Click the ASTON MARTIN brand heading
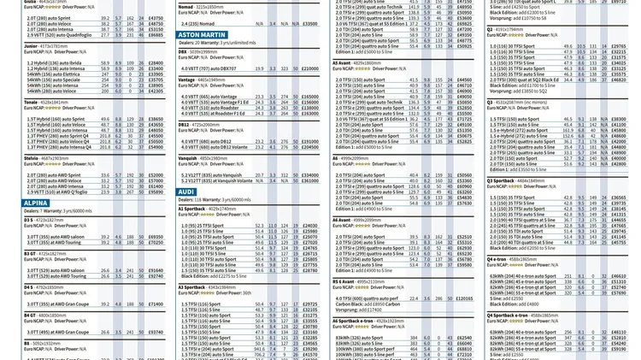pos(203,35)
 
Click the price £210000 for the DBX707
pos(309,68)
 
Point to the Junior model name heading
pos(31,46)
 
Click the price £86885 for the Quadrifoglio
pos(156,35)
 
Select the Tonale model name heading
pos(32,102)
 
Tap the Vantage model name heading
pos(188,80)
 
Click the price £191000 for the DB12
pos(309,142)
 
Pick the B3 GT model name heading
pos(30,253)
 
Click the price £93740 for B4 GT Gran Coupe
pos(156,332)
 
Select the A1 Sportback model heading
pos(192,209)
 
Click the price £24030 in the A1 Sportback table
pos(309,226)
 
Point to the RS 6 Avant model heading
pos(344,280)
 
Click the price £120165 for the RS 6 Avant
pos(464,298)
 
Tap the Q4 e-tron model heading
pos(497,259)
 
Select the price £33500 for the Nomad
pos(309,24)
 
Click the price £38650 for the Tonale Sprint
pos(156,119)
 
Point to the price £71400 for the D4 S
pos(156,304)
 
